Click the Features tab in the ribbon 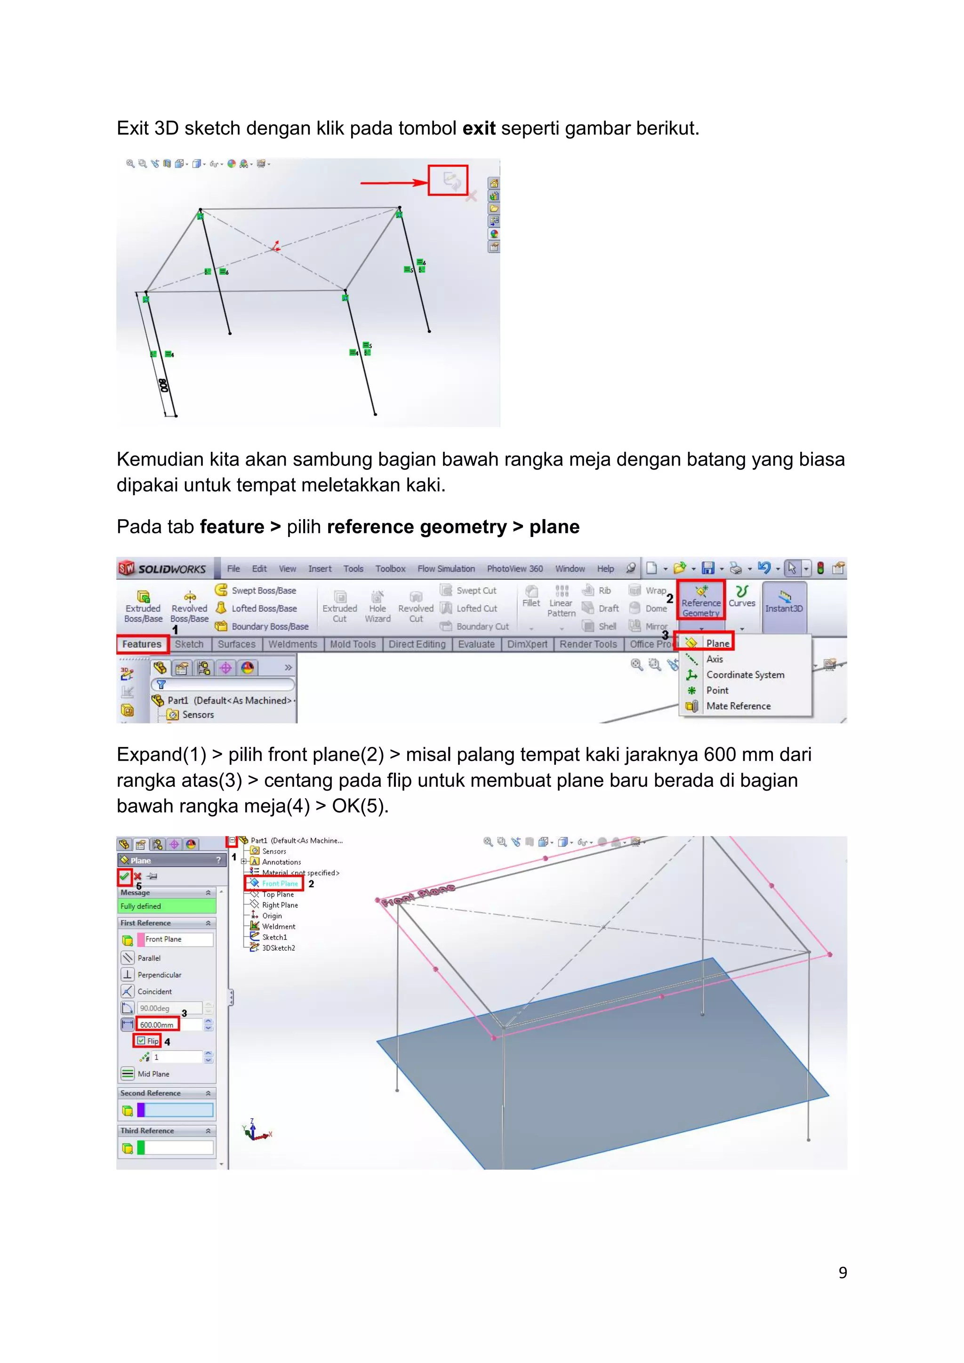142,644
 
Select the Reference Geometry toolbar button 700,600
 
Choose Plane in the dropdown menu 717,643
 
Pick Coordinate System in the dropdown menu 744,674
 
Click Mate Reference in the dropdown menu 738,706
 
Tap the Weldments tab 293,644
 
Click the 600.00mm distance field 157,1025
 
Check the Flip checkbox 141,1041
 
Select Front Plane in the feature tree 280,883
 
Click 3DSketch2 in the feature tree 278,948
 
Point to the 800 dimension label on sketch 164,385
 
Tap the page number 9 842,1272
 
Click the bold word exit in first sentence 478,128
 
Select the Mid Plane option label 153,1074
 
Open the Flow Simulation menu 446,569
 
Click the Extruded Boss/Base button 143,606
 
